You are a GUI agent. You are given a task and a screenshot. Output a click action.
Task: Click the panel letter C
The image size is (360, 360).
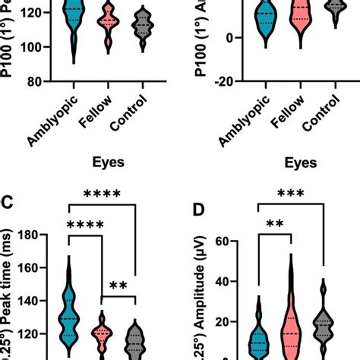coord(9,204)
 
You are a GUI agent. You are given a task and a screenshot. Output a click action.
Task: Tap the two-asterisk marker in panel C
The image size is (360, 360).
coord(118,287)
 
